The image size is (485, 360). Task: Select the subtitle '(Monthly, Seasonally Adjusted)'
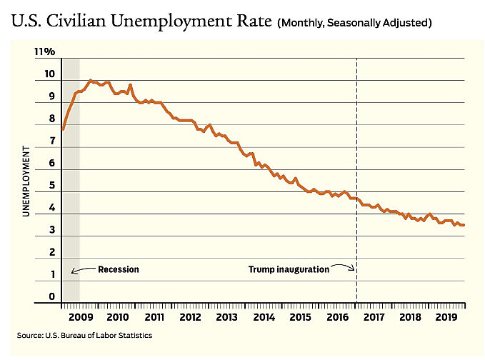(x=355, y=23)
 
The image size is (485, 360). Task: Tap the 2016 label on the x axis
(x=336, y=316)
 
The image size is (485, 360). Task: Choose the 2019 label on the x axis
(x=446, y=316)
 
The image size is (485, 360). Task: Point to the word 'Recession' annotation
(x=118, y=270)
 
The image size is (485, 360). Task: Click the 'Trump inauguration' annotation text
(x=289, y=270)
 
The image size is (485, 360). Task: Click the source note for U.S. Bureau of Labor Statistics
(x=85, y=335)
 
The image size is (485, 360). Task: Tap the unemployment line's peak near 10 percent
(x=90, y=81)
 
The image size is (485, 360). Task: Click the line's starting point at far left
(x=63, y=129)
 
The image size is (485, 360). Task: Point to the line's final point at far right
(x=465, y=225)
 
